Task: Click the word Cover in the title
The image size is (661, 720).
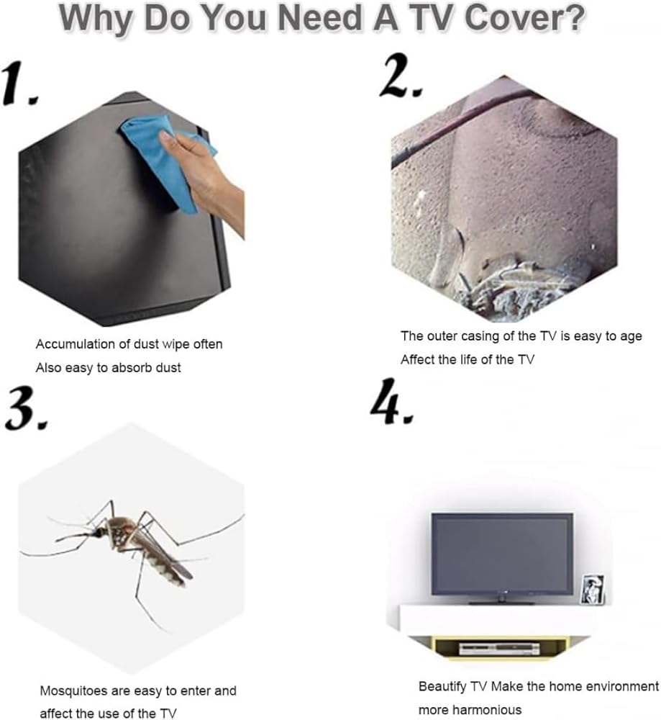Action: [x=524, y=18]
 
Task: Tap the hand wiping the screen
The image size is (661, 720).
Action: [x=206, y=179]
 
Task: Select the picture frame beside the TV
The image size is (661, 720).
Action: [x=593, y=589]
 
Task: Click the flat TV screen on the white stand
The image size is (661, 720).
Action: [x=502, y=554]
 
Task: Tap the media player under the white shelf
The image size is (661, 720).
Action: [x=500, y=649]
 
